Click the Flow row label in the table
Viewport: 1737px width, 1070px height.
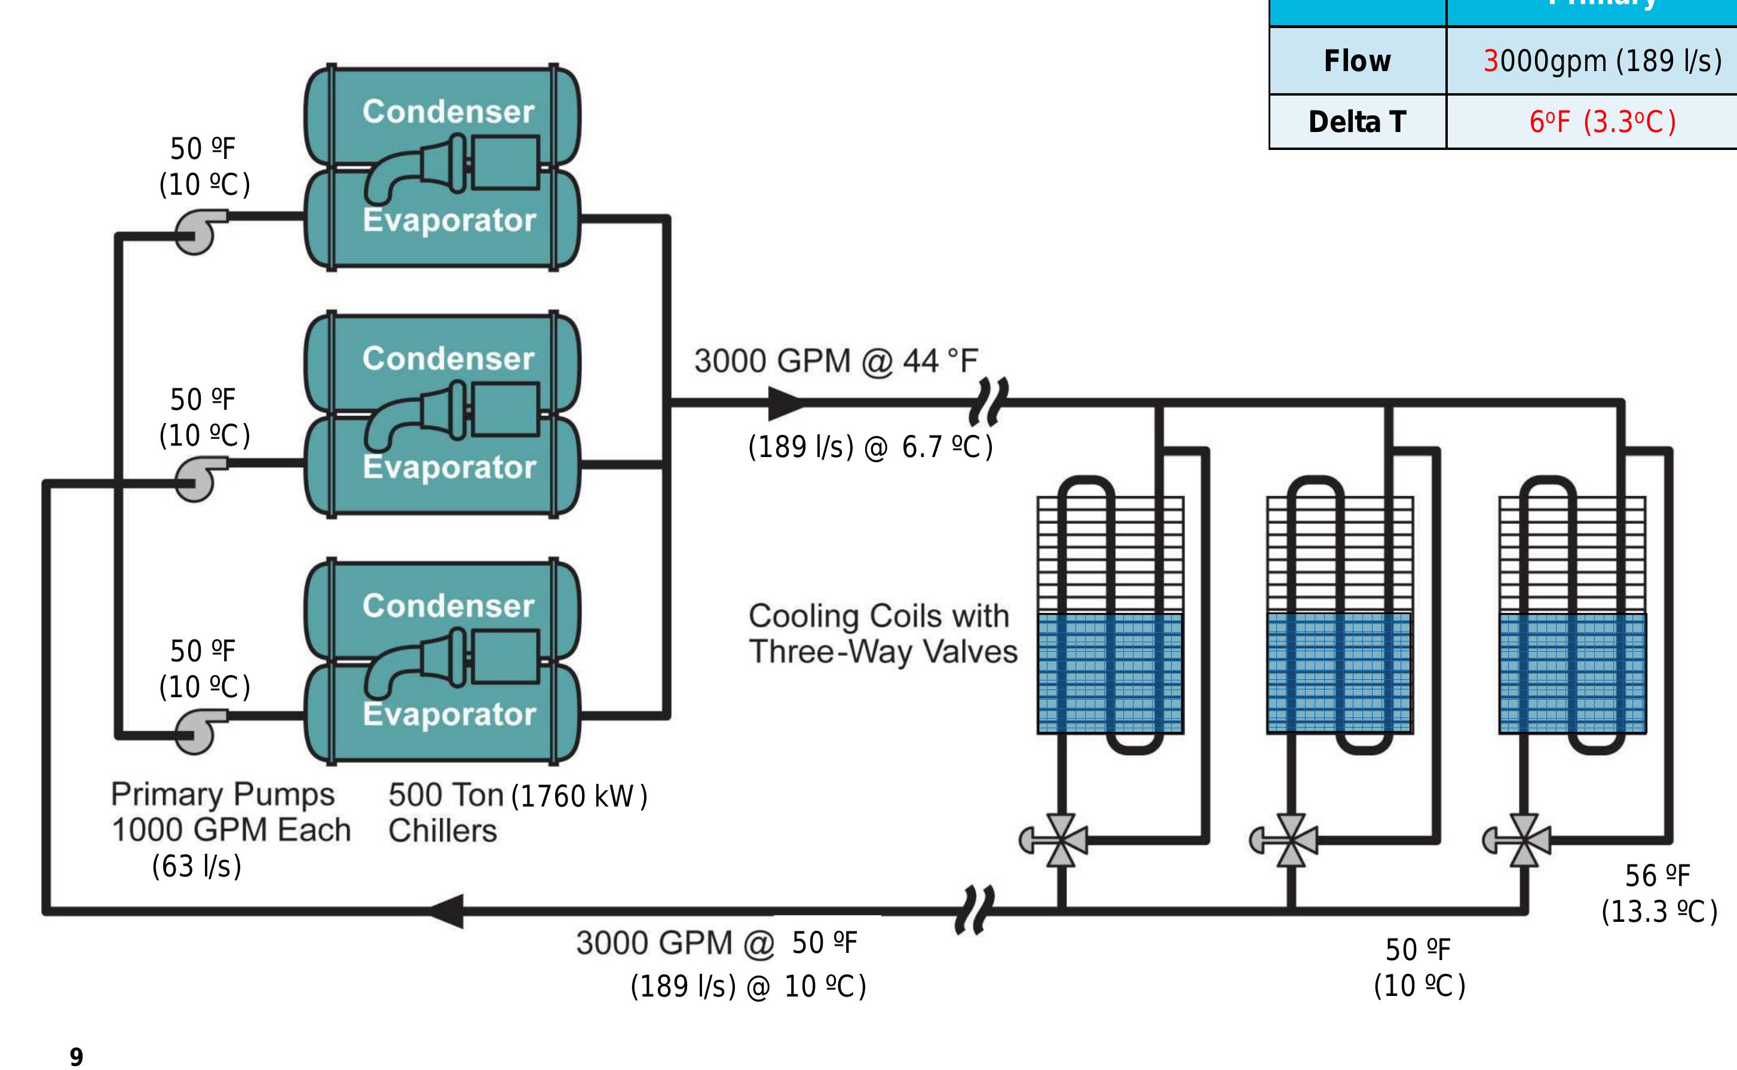tap(1357, 61)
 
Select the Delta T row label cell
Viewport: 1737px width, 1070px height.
tap(1357, 122)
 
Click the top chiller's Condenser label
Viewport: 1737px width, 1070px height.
tap(448, 112)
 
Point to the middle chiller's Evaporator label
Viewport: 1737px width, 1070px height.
tap(449, 467)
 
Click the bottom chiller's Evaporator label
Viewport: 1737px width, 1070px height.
tap(449, 714)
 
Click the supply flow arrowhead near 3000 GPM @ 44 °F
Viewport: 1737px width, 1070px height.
tap(786, 403)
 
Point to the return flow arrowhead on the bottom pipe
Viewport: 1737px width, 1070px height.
tap(448, 910)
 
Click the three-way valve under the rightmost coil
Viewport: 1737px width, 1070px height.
tap(1523, 841)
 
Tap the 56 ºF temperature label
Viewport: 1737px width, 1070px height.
tap(1657, 876)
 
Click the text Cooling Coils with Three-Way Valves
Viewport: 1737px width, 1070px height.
tap(882, 634)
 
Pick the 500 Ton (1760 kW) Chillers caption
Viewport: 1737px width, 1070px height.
tap(517, 812)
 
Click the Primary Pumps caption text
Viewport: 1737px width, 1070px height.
tap(223, 794)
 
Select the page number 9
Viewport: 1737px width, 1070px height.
tap(76, 1056)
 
